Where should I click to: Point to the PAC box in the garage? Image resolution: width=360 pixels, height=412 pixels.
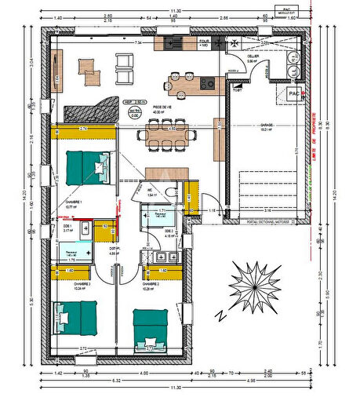pos(295,93)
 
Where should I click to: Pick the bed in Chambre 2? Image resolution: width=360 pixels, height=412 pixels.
pos(151,328)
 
